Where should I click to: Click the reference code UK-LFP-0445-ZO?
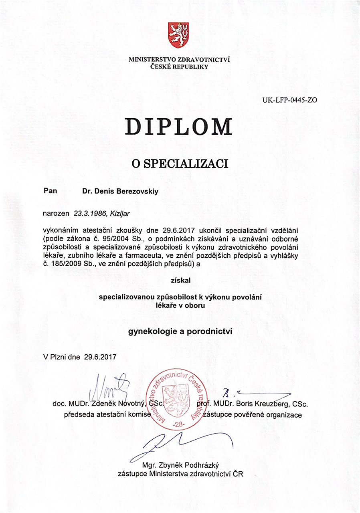289,100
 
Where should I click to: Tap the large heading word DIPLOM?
179,126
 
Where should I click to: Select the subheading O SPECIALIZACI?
180,164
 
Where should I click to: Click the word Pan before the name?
50,191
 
